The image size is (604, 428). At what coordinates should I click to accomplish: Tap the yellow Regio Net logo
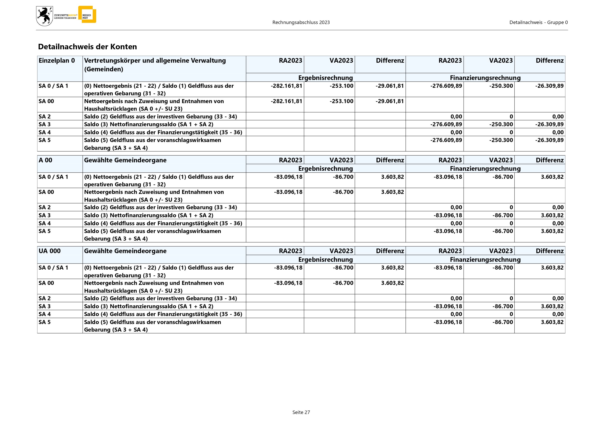click(87, 15)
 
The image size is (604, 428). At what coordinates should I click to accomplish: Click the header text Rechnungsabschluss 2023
click(301, 22)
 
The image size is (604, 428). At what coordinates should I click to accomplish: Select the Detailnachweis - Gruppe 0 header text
click(538, 22)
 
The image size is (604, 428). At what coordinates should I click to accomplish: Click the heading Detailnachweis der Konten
click(87, 47)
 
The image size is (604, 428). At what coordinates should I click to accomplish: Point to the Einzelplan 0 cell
click(57, 61)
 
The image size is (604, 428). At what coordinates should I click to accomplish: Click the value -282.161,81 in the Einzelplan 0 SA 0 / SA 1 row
click(286, 86)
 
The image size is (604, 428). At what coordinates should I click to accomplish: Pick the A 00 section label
click(46, 160)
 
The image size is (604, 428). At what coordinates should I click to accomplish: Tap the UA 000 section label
click(49, 251)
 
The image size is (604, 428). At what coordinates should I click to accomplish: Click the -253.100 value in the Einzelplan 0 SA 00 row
click(341, 101)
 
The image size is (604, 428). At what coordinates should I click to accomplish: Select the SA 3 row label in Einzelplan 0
click(44, 124)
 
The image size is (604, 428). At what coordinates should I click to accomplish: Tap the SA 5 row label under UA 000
click(44, 322)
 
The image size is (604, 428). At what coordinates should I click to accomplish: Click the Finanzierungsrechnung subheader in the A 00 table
click(485, 169)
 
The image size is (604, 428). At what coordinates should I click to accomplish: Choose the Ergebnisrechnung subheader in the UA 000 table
click(326, 260)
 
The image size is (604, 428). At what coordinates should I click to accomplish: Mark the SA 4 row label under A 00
click(44, 223)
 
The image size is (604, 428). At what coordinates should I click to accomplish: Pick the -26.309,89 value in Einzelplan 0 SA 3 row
click(549, 124)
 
